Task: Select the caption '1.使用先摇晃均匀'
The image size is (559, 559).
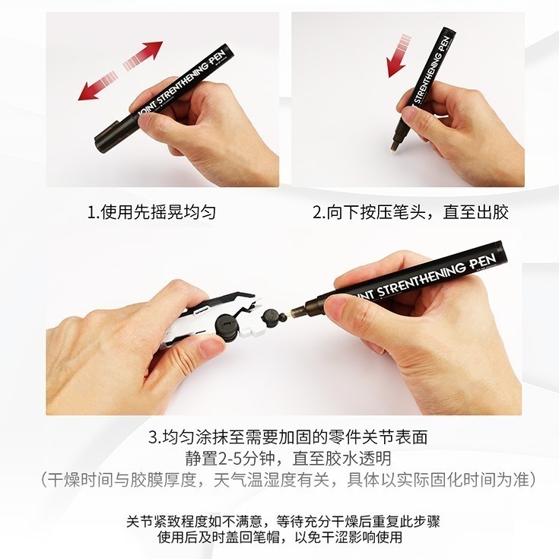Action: tap(151, 212)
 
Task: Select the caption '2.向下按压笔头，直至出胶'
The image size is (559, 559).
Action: tap(410, 212)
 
